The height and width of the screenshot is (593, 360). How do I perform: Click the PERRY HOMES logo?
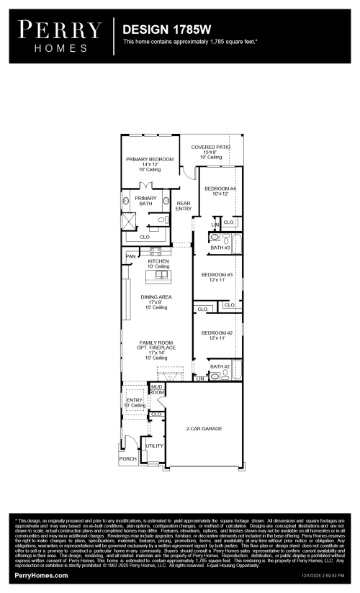coord(60,36)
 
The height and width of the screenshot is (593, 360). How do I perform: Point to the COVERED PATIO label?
coord(210,152)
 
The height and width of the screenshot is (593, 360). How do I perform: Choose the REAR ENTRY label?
coord(184,207)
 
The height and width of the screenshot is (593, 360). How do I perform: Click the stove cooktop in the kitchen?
coord(156,251)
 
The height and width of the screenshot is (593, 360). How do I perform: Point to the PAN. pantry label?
coord(131,256)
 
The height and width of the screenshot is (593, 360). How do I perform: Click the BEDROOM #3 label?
coord(217,278)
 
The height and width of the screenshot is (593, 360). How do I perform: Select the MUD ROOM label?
coord(156,389)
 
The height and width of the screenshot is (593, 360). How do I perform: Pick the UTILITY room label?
coord(154,446)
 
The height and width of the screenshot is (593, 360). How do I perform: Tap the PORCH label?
coord(127,458)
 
